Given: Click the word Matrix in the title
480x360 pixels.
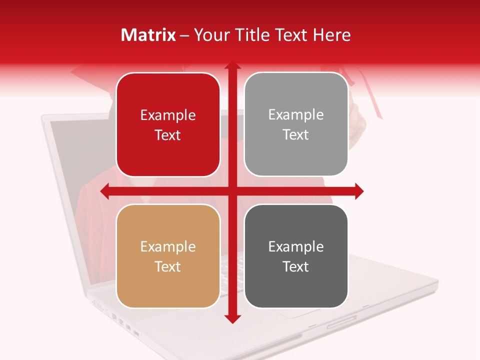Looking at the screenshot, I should (x=148, y=35).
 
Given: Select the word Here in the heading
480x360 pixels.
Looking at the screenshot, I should (x=332, y=35).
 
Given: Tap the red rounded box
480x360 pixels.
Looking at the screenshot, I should (x=168, y=125).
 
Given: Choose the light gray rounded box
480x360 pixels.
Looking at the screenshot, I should (x=296, y=124).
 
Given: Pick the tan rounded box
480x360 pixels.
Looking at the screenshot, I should (x=168, y=256).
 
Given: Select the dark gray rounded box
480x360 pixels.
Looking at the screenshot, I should (x=296, y=256).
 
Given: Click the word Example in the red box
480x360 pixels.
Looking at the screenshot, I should (x=168, y=115).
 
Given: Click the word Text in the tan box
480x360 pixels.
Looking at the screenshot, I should (x=168, y=266).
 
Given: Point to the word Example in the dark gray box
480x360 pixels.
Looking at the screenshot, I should (x=296, y=246).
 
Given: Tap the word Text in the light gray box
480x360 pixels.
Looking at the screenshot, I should (x=296, y=134).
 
